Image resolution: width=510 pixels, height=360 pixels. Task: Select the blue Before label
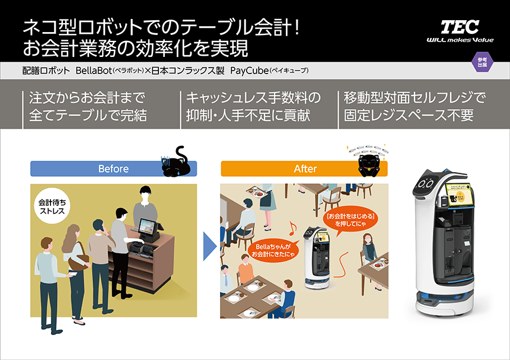(x=113, y=169)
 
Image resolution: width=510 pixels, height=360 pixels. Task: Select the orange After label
(x=305, y=169)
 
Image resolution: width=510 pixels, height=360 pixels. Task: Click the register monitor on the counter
(x=146, y=226)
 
